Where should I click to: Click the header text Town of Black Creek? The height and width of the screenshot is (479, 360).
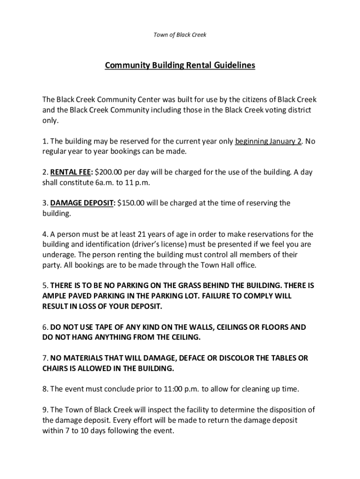[180, 35]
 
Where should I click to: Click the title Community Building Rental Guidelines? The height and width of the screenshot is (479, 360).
[180, 65]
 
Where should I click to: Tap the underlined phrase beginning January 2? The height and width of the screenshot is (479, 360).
[268, 141]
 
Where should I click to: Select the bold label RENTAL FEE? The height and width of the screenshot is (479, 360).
[71, 172]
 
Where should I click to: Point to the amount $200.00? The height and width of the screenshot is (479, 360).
[109, 172]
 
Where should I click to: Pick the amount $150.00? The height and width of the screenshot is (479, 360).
[132, 203]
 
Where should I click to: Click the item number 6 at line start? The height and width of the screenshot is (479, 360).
[44, 327]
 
